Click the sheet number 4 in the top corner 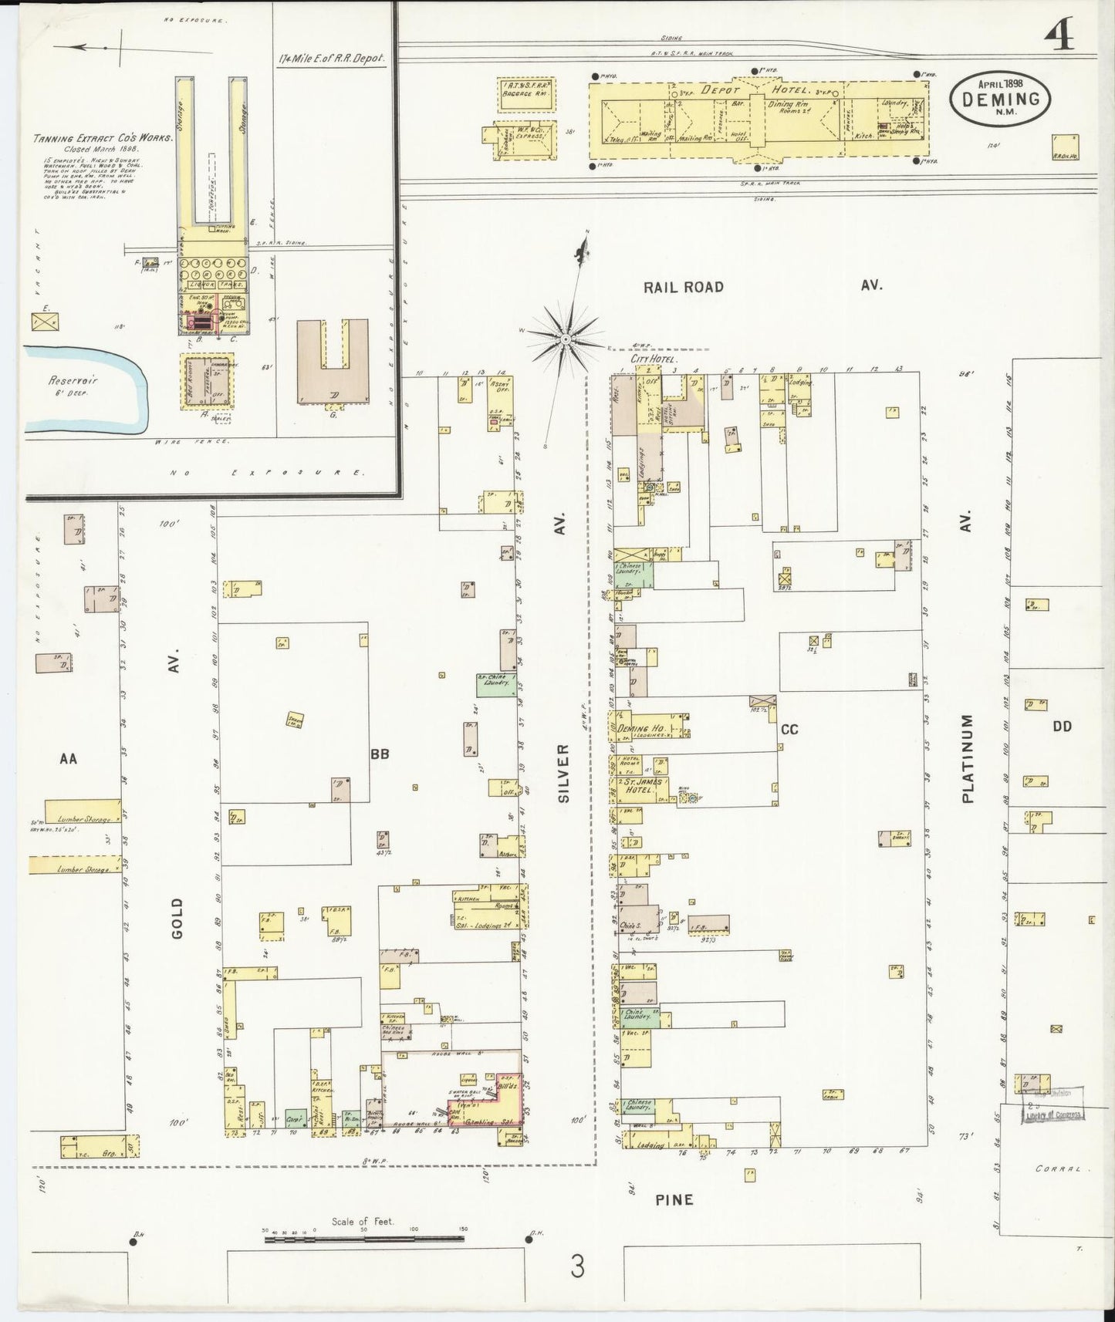(1060, 35)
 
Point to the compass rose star (566, 338)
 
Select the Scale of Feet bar (364, 1239)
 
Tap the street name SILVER (563, 774)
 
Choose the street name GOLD (177, 918)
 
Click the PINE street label (674, 1199)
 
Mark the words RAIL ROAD (684, 287)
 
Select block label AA (69, 759)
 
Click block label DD (1062, 726)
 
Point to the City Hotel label (653, 359)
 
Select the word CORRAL (1059, 1169)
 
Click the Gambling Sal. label (497, 1122)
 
